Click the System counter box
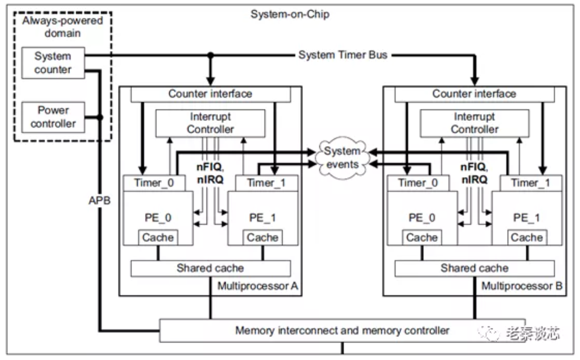click(53, 63)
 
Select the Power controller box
click(53, 117)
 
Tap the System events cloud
click(342, 157)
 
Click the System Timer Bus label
click(342, 55)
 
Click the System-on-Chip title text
click(290, 14)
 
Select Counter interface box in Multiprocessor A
click(210, 94)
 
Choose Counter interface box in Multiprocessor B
click(474, 94)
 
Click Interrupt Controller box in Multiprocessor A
click(210, 122)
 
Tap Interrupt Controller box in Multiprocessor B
click(474, 122)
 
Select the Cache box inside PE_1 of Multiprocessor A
click(262, 238)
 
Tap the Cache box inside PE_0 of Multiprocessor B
click(422, 238)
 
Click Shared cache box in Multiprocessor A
click(210, 268)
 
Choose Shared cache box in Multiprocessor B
click(474, 268)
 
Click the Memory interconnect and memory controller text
click(342, 330)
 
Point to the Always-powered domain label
click(63, 27)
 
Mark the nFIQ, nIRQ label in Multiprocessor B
click(474, 173)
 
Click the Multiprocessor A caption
click(257, 286)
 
